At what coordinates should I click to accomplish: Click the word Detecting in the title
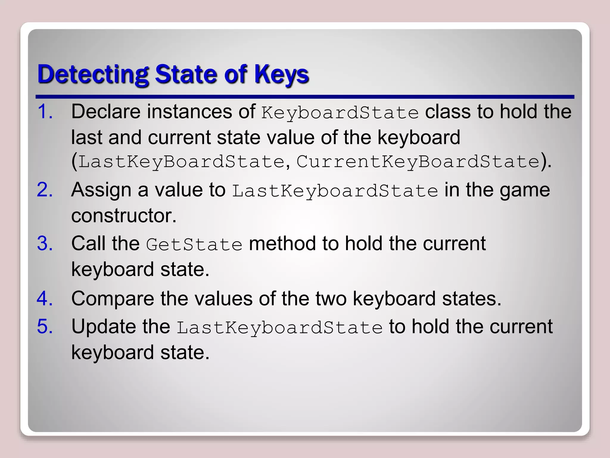click(93, 74)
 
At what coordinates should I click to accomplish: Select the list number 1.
click(45, 112)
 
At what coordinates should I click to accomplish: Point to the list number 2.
click(45, 190)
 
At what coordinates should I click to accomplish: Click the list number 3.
click(45, 243)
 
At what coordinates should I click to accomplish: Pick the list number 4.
click(45, 298)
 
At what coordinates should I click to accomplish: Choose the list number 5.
click(45, 326)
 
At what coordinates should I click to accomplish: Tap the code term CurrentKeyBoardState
click(418, 162)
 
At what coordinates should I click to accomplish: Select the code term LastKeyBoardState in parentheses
click(181, 162)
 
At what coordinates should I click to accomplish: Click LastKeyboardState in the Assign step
click(335, 191)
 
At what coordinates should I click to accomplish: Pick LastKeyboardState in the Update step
click(280, 327)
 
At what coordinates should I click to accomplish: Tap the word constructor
click(124, 215)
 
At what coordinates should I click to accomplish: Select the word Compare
click(113, 298)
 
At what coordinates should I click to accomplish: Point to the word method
click(282, 243)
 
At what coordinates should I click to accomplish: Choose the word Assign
click(101, 190)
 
